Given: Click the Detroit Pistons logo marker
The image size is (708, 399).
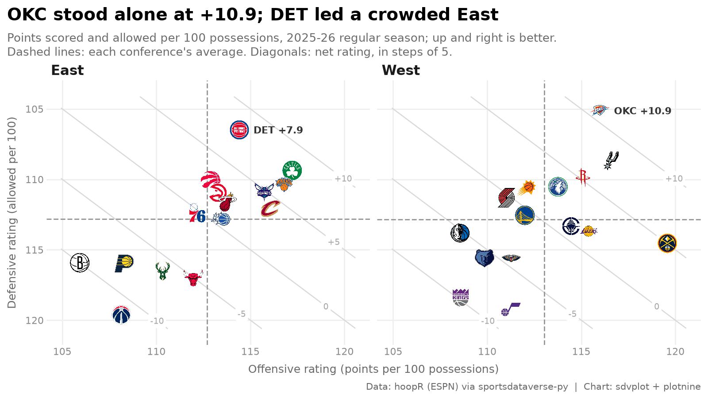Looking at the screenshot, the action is pos(239,130).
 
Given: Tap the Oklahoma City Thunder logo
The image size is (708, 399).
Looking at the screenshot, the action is pos(600,110).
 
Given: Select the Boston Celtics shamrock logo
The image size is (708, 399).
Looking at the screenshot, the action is pos(292,170).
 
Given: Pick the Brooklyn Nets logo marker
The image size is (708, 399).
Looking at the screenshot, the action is pos(80,262).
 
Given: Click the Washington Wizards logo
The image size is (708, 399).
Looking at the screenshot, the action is pos(121,314).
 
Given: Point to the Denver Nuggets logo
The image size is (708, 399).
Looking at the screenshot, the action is pos(667,243).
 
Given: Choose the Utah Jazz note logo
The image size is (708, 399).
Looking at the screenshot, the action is pos(511,309).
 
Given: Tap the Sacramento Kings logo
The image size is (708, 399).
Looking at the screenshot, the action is pos(461,297).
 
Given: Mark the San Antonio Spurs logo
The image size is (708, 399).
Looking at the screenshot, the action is pos(611,160).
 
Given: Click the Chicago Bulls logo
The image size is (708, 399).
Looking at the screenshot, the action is pos(193,278).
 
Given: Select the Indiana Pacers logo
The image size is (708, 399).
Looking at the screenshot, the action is pos(124,263).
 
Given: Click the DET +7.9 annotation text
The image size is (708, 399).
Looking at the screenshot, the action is pos(278,130).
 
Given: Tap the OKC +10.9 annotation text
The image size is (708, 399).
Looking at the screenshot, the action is pos(643,111).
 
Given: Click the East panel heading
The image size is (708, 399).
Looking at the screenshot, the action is pos(67,70).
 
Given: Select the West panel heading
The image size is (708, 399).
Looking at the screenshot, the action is pos(401,70).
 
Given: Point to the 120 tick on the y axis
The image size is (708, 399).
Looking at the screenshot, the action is pos(35,321).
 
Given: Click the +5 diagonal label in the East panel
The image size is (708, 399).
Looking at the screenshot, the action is pos(334,242).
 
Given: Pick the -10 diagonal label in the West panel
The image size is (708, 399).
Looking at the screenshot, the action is pos(488,321).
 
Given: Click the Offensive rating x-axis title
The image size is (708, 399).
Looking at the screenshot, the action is pos(373,369).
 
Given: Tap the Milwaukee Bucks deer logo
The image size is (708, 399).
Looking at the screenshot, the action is pos(163,271).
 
